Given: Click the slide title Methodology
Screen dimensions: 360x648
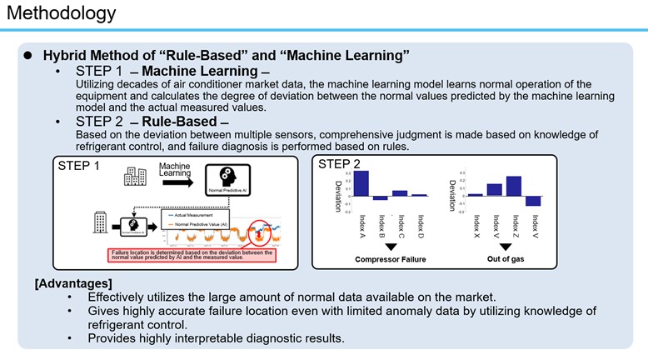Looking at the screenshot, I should [59, 14].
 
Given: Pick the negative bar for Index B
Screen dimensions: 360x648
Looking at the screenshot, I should [381, 197].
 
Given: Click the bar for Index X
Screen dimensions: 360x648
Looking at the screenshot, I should [475, 194].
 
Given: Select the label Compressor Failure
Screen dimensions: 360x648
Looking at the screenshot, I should [391, 259].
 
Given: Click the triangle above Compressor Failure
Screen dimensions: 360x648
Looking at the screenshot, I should [391, 247].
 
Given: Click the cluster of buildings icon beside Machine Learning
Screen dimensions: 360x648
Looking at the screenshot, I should [135, 176].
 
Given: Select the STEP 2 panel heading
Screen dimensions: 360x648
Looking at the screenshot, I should [340, 164].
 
